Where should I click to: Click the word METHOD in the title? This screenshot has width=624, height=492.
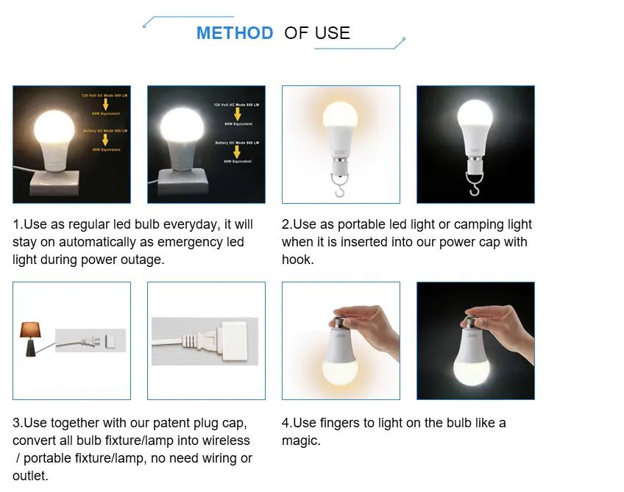click(234, 33)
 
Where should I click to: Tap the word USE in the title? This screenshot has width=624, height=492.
click(332, 33)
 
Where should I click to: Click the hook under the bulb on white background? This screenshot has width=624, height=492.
click(341, 189)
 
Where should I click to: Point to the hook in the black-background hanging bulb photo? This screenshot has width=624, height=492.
click(475, 189)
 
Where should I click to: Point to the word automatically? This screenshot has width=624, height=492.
click(104, 242)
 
